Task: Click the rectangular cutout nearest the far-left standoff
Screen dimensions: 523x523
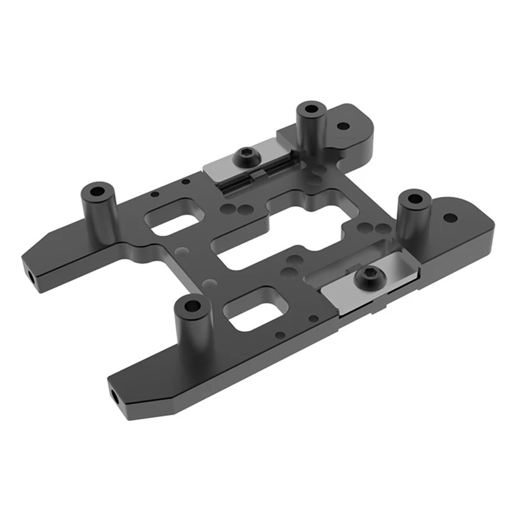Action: tap(172, 220)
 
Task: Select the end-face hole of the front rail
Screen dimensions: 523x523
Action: tap(114, 395)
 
